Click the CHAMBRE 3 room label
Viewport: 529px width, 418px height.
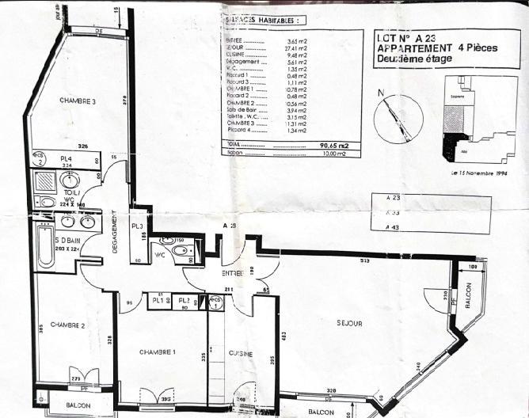[x=77, y=101]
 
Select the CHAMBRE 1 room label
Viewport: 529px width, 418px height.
[x=157, y=351]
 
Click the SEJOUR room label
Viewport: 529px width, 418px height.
[x=348, y=324]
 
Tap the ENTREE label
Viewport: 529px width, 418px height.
[x=232, y=273]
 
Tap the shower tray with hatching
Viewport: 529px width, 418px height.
[x=47, y=180]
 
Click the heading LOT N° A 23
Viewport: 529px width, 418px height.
[x=410, y=36]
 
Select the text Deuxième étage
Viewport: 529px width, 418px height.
[x=414, y=59]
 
